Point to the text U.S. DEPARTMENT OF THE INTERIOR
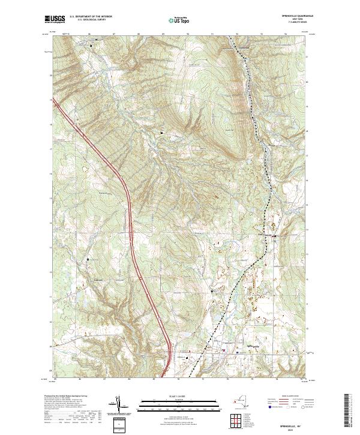pos(91,16)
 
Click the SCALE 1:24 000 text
pos(170,396)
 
